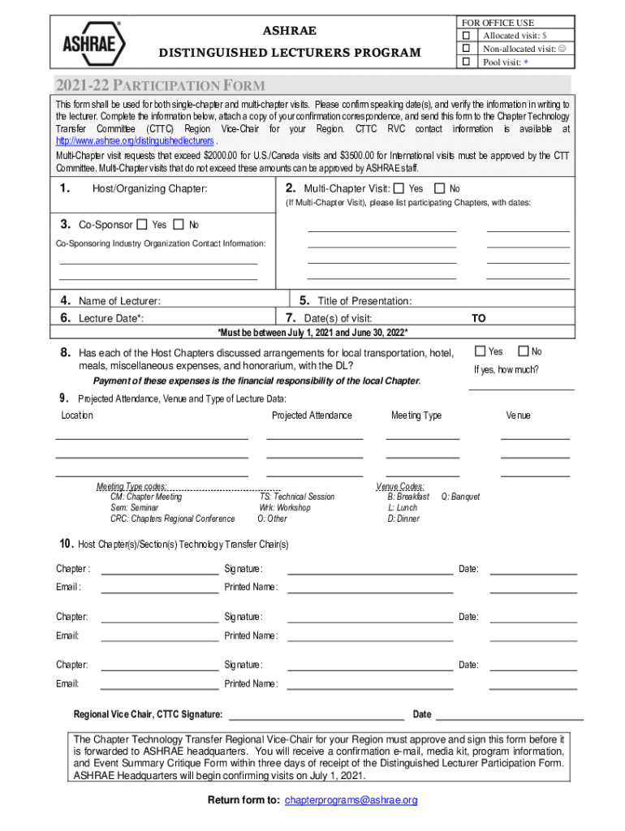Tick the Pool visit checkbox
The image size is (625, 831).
click(466, 62)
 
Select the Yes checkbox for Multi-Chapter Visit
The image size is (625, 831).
click(398, 188)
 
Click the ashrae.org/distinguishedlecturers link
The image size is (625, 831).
click(134, 141)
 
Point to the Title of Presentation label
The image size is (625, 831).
click(364, 301)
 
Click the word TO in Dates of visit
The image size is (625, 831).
click(479, 319)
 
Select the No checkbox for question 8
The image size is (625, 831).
click(523, 351)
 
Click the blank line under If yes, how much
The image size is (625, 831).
click(521, 388)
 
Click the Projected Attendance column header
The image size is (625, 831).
click(312, 415)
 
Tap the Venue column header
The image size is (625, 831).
click(518, 415)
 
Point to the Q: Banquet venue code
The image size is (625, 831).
click(460, 497)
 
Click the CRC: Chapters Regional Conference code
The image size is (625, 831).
click(172, 519)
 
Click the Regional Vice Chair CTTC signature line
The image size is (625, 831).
click(317, 718)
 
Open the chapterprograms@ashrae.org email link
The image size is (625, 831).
click(351, 800)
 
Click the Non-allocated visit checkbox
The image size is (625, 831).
click(466, 49)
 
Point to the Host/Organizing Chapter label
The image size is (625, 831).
click(149, 189)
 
